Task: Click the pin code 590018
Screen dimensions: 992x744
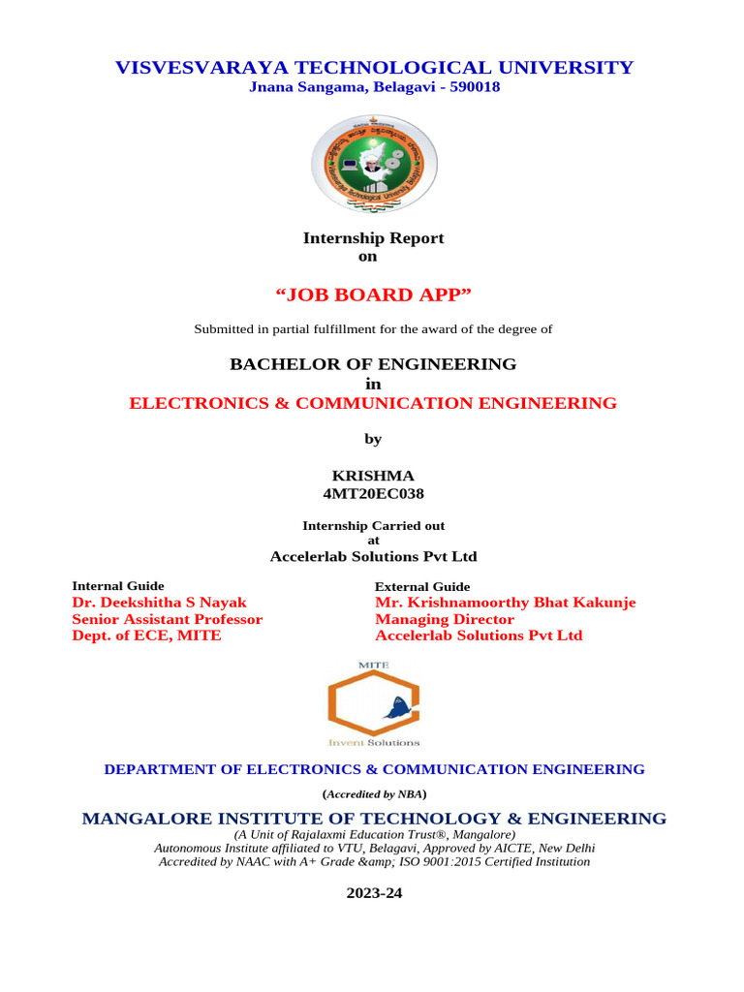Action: (472, 87)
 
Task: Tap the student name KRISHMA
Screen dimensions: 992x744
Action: (373, 476)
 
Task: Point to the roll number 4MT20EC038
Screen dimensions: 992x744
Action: (373, 493)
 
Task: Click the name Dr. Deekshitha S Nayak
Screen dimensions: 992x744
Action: (160, 603)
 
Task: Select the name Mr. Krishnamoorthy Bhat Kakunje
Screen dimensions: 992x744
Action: (505, 603)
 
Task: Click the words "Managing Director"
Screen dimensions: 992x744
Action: (445, 619)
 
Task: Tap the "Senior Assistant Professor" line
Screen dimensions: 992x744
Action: (168, 619)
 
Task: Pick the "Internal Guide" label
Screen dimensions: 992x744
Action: (118, 586)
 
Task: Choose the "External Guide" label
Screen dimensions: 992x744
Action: (422, 586)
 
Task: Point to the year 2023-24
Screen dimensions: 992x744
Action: (374, 893)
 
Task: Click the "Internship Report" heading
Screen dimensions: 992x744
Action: (374, 238)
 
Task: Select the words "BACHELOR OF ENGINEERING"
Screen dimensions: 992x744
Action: (373, 364)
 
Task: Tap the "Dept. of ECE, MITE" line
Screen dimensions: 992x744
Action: (147, 635)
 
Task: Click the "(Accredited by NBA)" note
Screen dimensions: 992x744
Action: (374, 793)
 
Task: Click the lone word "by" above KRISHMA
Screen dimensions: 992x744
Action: (373, 439)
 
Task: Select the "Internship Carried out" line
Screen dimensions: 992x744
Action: (374, 526)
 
